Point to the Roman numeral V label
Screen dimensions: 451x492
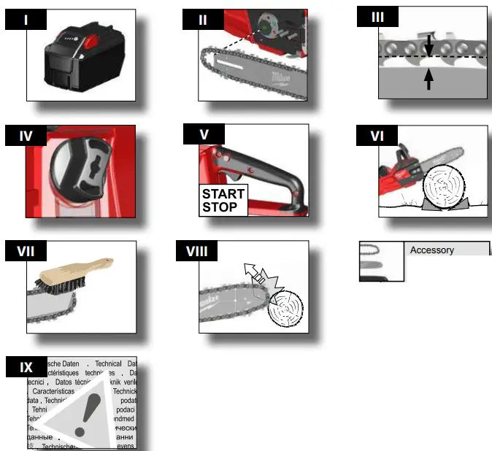(x=204, y=135)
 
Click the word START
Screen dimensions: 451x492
(x=223, y=194)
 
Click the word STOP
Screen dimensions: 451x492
(x=220, y=207)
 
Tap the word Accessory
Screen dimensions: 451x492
(x=431, y=250)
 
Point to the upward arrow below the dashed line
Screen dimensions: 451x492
(x=428, y=78)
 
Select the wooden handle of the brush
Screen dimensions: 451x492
(x=79, y=269)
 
